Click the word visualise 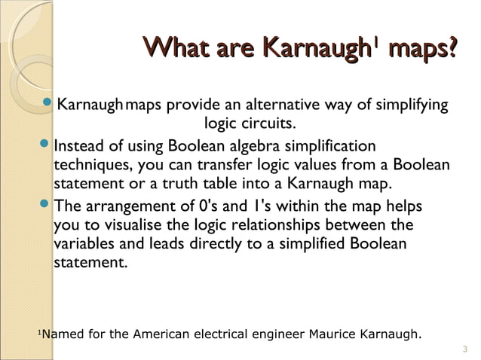coord(130,225)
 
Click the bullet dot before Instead coord(47,143)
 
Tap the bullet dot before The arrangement coord(47,204)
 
